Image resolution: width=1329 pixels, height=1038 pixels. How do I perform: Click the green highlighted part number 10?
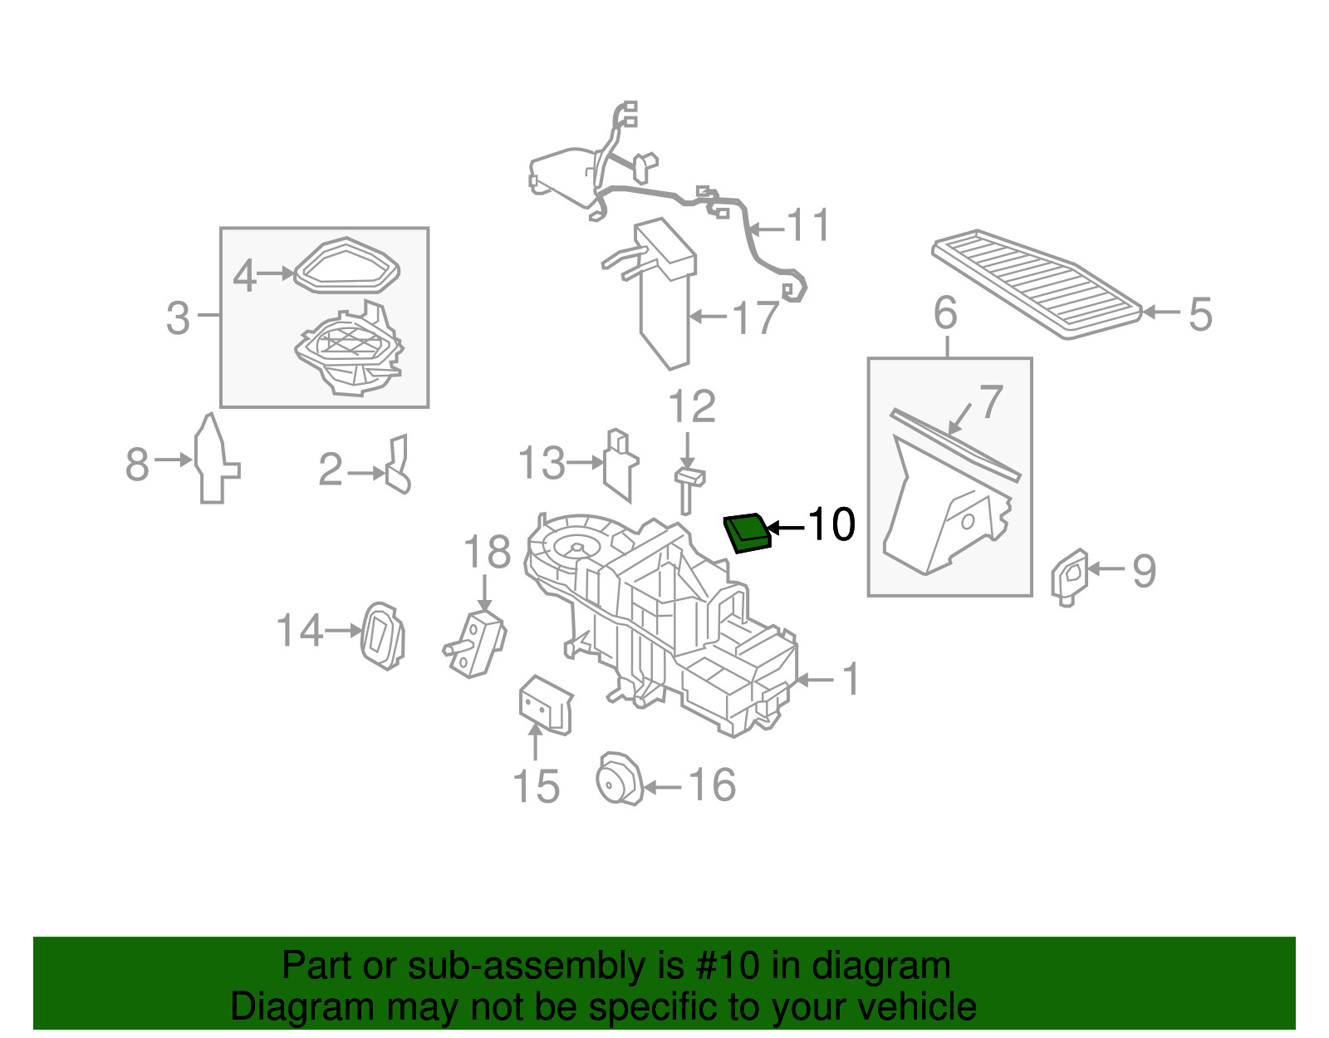[748, 533]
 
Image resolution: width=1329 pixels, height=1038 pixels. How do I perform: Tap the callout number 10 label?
[831, 524]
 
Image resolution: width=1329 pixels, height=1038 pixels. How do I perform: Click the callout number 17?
[756, 317]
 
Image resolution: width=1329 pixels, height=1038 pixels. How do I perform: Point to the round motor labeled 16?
[619, 779]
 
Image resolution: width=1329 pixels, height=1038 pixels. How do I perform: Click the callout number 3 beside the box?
[178, 318]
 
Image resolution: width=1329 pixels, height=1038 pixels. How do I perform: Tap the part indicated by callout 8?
[214, 461]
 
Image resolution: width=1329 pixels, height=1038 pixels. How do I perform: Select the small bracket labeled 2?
[399, 466]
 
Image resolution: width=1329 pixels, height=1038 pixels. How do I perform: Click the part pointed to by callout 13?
[619, 465]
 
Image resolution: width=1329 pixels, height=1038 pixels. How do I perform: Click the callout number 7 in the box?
[991, 402]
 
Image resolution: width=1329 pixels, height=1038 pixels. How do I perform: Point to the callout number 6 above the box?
[945, 312]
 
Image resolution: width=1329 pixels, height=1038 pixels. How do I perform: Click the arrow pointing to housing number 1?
[815, 680]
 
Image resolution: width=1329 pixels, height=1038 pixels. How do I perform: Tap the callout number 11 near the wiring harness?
[808, 226]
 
